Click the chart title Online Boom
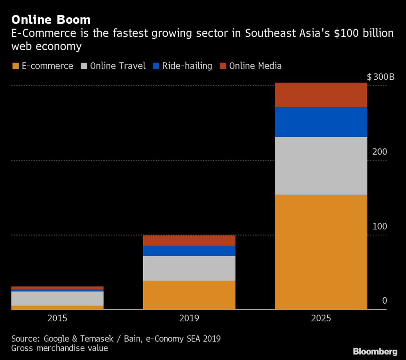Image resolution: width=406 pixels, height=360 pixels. pyautogui.click(x=51, y=19)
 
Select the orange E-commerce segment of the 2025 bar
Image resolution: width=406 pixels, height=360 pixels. pyautogui.click(x=321, y=252)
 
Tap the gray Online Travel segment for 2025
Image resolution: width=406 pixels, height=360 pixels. pyautogui.click(x=321, y=166)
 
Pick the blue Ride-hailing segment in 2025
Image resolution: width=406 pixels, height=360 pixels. pyautogui.click(x=321, y=122)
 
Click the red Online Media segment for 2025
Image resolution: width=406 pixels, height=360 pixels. pyautogui.click(x=321, y=95)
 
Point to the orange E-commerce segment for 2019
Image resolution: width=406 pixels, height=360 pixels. pyautogui.click(x=189, y=295)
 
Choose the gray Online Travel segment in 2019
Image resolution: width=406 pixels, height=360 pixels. pyautogui.click(x=189, y=268)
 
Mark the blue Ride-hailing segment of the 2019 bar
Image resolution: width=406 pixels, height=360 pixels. pyautogui.click(x=189, y=251)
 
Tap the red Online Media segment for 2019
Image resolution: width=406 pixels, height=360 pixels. pyautogui.click(x=189, y=240)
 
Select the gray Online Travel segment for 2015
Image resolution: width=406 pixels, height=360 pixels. pyautogui.click(x=57, y=298)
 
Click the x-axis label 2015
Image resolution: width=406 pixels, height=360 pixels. pyautogui.click(x=57, y=318)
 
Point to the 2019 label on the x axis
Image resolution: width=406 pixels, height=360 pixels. pyautogui.click(x=189, y=318)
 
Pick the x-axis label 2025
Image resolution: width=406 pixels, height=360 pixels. pyautogui.click(x=321, y=318)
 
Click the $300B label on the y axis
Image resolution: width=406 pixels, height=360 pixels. pyautogui.click(x=381, y=78)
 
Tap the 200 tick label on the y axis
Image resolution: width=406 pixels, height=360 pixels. pyautogui.click(x=379, y=152)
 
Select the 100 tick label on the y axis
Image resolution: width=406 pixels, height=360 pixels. pyautogui.click(x=379, y=226)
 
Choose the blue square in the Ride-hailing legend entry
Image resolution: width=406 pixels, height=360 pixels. pyautogui.click(x=156, y=66)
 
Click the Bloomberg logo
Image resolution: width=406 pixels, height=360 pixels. pyautogui.click(x=375, y=351)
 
